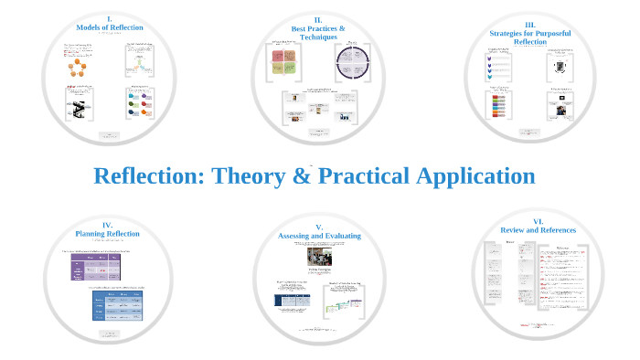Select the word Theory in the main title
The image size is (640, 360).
click(x=250, y=176)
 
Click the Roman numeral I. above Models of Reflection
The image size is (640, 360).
click(x=109, y=18)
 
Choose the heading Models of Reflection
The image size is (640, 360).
click(x=109, y=28)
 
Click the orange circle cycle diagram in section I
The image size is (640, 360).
click(x=77, y=65)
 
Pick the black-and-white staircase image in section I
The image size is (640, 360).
click(x=77, y=109)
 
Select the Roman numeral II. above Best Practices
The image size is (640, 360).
click(x=318, y=19)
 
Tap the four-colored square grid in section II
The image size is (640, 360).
click(x=283, y=62)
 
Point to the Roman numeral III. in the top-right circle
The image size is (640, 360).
click(x=530, y=25)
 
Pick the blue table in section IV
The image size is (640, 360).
click(x=117, y=305)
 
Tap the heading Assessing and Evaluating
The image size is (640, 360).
click(x=319, y=236)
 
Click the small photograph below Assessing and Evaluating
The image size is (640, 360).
click(x=319, y=256)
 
